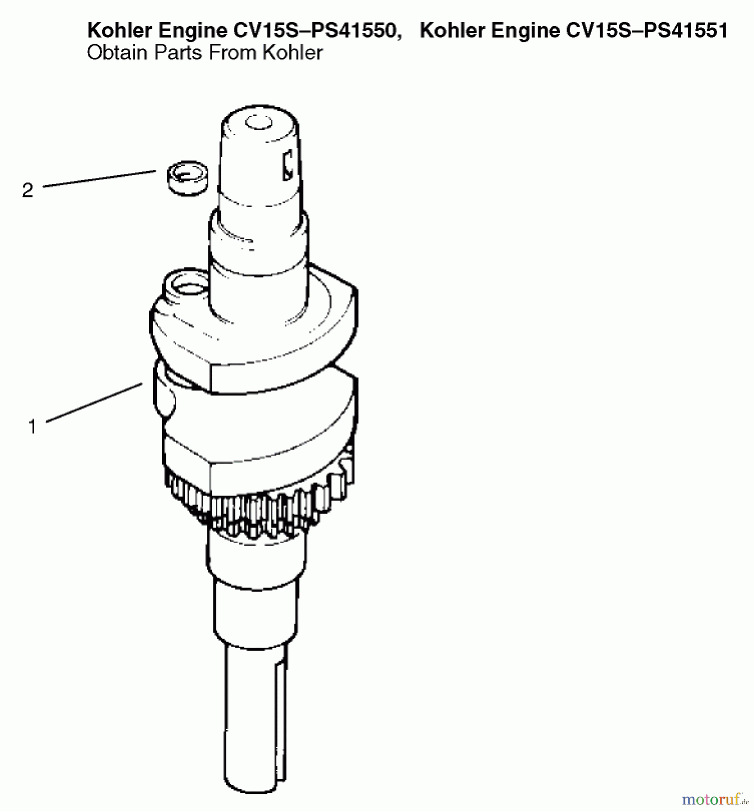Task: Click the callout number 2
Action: coord(27,191)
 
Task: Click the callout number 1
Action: coord(32,427)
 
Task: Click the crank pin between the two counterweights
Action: coord(165,387)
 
